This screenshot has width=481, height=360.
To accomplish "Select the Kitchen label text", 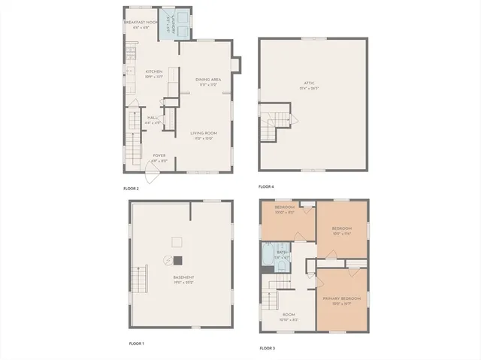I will click(154, 74).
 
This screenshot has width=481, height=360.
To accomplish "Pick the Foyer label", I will click(159, 158).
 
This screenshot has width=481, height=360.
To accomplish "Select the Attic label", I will click(313, 86).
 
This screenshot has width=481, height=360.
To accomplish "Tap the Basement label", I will click(183, 280).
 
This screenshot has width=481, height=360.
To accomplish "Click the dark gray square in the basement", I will click(178, 261).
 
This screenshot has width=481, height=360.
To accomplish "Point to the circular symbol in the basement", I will click(168, 260).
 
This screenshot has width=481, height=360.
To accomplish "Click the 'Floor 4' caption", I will click(266, 186).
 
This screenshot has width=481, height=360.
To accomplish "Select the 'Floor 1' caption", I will click(136, 343).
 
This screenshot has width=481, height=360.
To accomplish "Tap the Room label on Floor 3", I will click(289, 316).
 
